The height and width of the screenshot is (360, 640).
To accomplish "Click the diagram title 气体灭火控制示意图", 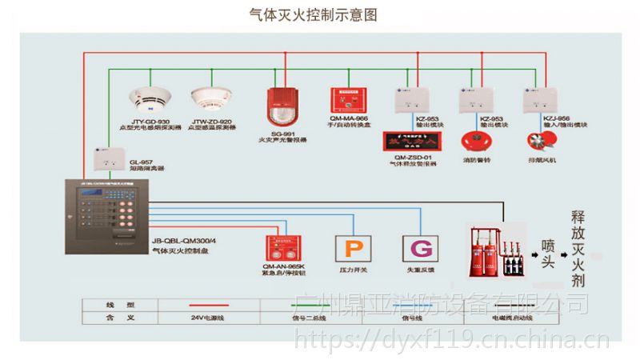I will click(x=313, y=14).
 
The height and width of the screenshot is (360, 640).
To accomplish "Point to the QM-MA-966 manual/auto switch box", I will click(x=349, y=99).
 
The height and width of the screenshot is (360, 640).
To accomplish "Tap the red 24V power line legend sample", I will click(x=208, y=306).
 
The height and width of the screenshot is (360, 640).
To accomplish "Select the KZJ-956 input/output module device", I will click(x=538, y=101).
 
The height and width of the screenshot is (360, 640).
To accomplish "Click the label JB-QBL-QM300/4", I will click(x=189, y=238).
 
